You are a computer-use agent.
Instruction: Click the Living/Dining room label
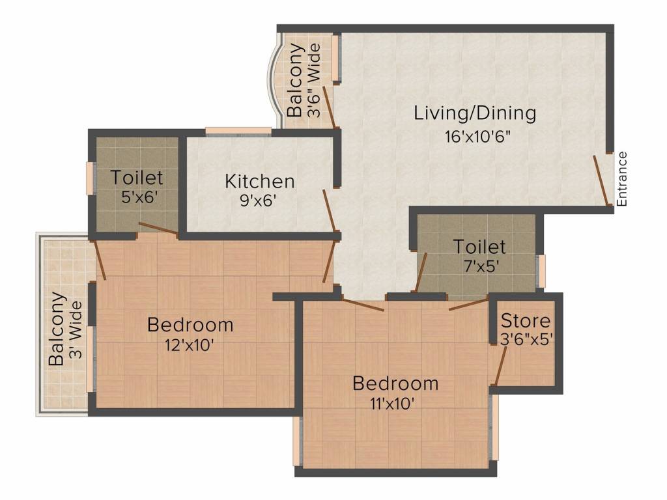click(x=475, y=113)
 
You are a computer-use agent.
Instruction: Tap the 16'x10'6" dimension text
click(x=475, y=137)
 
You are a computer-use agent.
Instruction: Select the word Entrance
click(x=623, y=179)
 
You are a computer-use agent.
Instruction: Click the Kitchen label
click(x=260, y=181)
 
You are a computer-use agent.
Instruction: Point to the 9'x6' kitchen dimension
click(x=259, y=201)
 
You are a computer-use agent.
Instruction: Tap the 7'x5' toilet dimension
click(x=479, y=266)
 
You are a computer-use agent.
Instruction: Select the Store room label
click(x=525, y=321)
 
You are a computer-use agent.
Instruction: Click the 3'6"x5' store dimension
click(x=527, y=339)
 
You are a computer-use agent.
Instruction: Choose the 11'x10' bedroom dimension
click(x=395, y=403)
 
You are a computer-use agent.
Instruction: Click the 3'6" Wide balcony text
click(x=314, y=80)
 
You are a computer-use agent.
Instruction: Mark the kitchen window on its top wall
click(x=238, y=131)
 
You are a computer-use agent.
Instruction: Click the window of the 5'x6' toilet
click(x=90, y=177)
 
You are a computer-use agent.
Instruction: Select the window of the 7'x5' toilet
click(x=540, y=271)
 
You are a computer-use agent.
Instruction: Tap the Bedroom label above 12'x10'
click(x=190, y=324)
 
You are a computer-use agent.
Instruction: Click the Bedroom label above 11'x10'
click(x=395, y=383)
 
